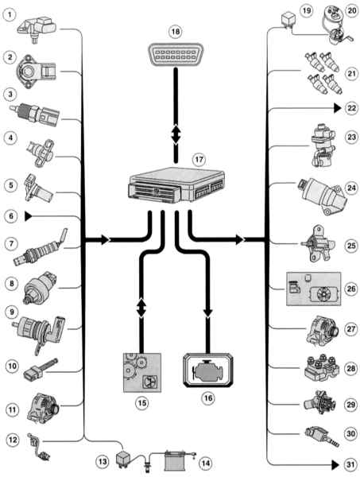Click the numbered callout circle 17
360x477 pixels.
(199, 160)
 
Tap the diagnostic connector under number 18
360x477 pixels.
(176, 54)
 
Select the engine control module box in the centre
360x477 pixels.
(177, 184)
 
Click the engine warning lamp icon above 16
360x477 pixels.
(208, 370)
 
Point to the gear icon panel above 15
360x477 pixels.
(142, 372)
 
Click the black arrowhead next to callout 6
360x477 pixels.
(29, 216)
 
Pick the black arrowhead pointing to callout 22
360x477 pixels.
(338, 108)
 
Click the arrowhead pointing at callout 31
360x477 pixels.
(335, 465)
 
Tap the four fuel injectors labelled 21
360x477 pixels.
(324, 73)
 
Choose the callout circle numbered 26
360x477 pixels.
(351, 288)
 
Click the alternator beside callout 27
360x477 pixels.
(323, 331)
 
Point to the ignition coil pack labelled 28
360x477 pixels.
(322, 369)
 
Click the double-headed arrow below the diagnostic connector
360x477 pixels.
(176, 134)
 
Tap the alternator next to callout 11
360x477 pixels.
(43, 408)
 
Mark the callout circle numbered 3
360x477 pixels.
(10, 95)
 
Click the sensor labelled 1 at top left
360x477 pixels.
(37, 29)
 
